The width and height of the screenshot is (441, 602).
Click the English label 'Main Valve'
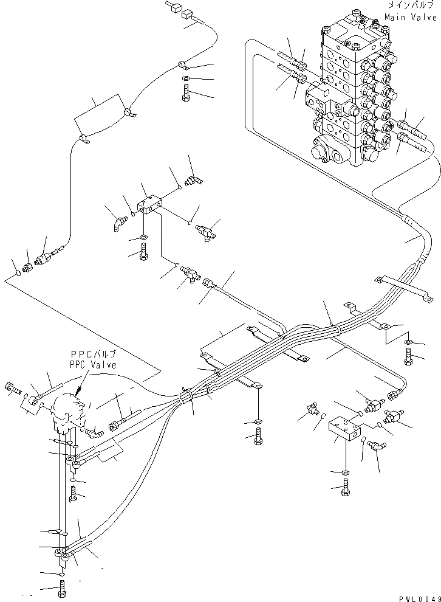(x=411, y=18)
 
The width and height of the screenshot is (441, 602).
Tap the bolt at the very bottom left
(x=62, y=589)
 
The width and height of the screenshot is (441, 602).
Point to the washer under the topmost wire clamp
(x=185, y=80)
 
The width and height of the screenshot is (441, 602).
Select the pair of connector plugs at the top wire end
(x=179, y=10)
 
